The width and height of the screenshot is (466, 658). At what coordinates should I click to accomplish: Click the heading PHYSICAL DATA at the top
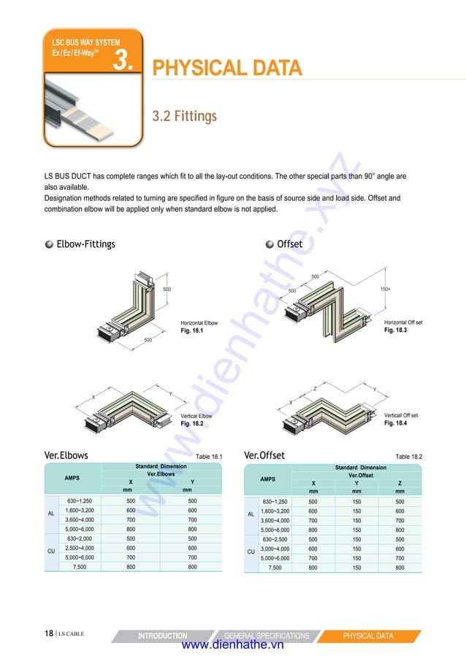pyautogui.click(x=226, y=69)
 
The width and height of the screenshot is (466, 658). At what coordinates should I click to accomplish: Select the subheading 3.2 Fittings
pyautogui.click(x=184, y=117)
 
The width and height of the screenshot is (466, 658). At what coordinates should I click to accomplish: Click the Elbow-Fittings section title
pyautogui.click(x=85, y=244)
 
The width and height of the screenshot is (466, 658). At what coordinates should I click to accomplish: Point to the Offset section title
pyautogui.click(x=289, y=244)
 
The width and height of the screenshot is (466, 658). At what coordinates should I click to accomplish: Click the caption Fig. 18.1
pyautogui.click(x=191, y=330)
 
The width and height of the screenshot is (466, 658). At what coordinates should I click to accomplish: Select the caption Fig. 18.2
pyautogui.click(x=191, y=423)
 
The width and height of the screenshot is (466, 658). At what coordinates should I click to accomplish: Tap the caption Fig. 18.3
pyautogui.click(x=395, y=330)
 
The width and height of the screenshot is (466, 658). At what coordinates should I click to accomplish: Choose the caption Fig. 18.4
pyautogui.click(x=395, y=423)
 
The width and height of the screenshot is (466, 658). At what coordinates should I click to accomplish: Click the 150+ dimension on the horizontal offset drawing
pyautogui.click(x=386, y=290)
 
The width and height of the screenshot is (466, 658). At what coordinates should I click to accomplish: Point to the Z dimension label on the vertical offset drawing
pyautogui.click(x=315, y=389)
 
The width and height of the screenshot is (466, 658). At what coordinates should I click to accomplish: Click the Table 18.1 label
pyautogui.click(x=208, y=457)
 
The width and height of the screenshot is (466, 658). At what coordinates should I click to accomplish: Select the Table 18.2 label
pyautogui.click(x=408, y=457)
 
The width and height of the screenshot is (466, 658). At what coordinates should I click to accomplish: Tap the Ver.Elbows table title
pyautogui.click(x=66, y=455)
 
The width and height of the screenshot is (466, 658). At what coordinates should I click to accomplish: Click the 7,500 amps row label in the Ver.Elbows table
pyautogui.click(x=80, y=566)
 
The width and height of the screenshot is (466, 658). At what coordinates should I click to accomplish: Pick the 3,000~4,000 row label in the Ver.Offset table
pyautogui.click(x=275, y=549)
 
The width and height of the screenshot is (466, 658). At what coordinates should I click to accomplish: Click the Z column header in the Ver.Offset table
pyautogui.click(x=400, y=483)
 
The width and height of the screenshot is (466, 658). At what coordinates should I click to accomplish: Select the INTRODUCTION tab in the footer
pyautogui.click(x=162, y=636)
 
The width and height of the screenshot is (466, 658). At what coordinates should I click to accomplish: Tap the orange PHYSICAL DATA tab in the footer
pyautogui.click(x=368, y=636)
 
